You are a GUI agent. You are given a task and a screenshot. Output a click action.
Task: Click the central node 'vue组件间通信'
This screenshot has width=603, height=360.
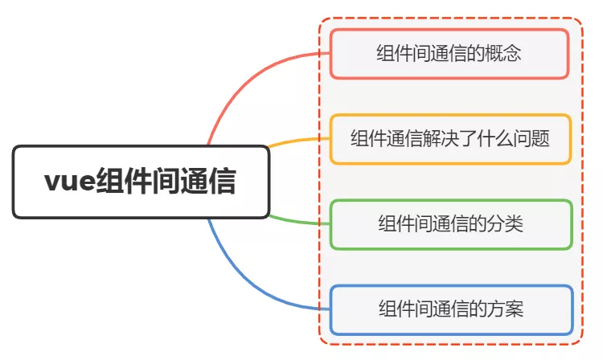pos(141,182)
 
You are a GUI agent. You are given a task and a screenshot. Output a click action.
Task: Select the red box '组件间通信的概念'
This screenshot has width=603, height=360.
pos(450,54)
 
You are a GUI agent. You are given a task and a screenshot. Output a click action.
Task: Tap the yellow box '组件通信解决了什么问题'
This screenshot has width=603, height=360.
pos(450,139)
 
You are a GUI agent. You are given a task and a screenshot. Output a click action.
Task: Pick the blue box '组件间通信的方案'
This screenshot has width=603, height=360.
pos(450,309)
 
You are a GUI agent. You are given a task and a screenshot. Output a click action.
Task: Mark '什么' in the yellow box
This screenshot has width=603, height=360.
pos(491,139)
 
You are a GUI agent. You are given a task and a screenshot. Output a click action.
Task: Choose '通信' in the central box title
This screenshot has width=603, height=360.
pos(208,182)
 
